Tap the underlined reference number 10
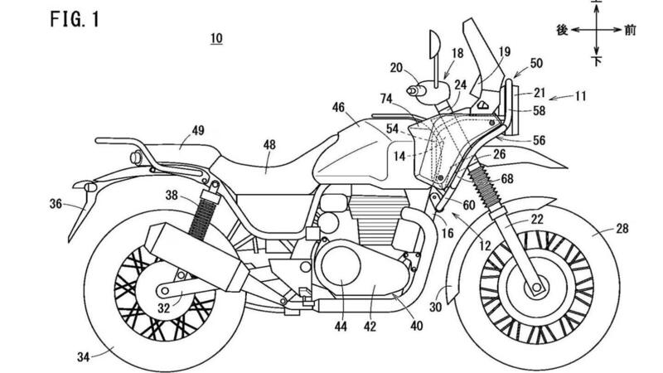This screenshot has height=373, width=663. click(x=216, y=38)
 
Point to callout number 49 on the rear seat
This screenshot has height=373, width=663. click(x=198, y=131)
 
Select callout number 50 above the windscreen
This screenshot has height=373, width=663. click(x=538, y=62)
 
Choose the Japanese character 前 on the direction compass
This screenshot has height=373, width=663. click(x=631, y=30)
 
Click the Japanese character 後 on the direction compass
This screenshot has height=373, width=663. click(x=562, y=30)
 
